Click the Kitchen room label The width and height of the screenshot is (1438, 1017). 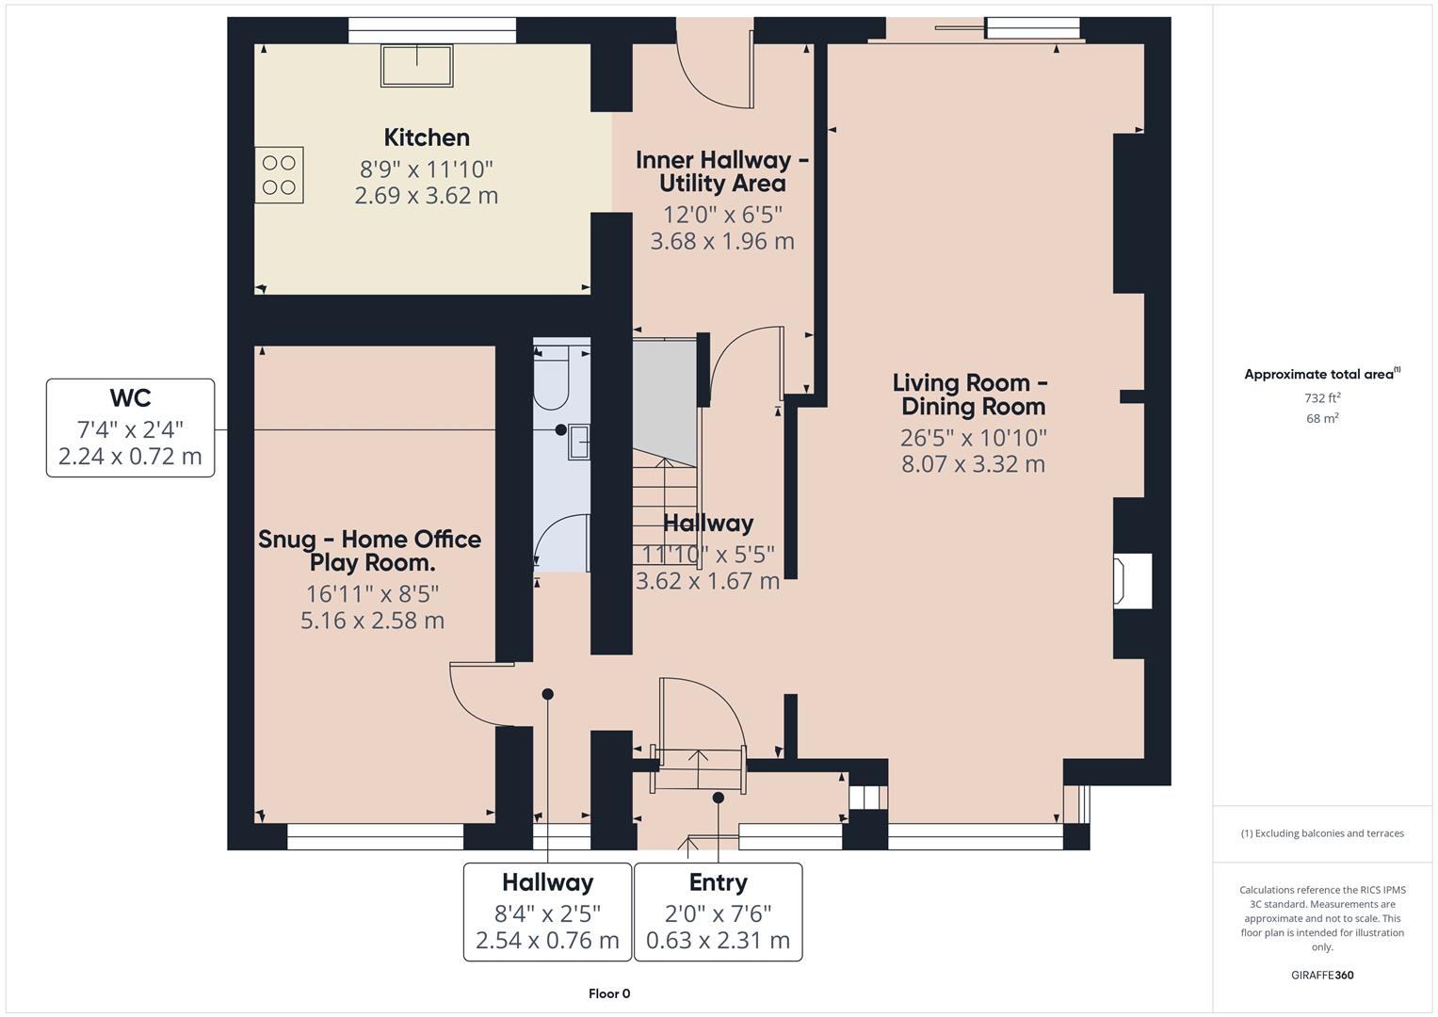pos(427,137)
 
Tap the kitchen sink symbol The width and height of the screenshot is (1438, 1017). pos(416,66)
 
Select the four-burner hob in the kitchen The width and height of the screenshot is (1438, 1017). pos(280,175)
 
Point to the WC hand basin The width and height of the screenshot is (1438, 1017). pos(579,442)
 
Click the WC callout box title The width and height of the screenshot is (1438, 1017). pos(130,397)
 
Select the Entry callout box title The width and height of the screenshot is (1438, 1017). pos(718,882)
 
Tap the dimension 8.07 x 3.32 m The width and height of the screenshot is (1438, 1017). pos(973,464)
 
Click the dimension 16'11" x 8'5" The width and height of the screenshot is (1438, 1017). pos(372,594)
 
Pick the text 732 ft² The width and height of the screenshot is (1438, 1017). pos(1322,398)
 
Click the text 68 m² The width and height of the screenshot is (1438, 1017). pos(1322,419)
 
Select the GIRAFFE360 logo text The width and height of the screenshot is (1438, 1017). pos(1322,975)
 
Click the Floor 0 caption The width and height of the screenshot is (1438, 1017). pos(609,993)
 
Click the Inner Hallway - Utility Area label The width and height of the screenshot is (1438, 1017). pos(721,171)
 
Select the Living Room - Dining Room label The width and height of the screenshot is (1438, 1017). pos(971,395)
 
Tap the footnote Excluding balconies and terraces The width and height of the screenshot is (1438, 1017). pos(1322,833)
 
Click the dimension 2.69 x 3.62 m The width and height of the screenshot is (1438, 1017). pos(427,196)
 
